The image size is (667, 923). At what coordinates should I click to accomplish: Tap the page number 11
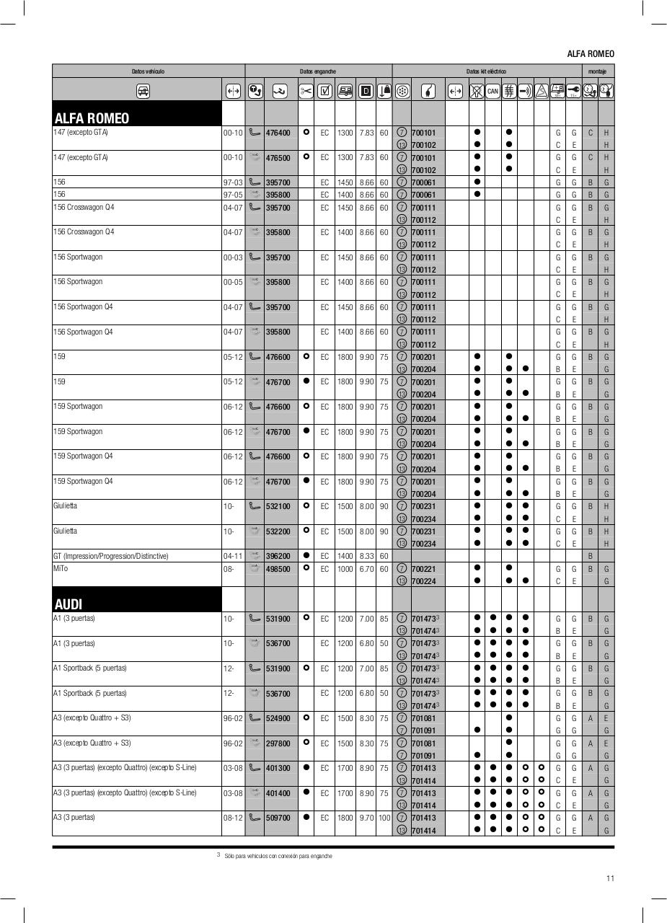point(610,878)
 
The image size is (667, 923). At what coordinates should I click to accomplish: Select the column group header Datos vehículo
point(148,71)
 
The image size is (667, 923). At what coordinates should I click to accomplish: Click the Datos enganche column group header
point(318,71)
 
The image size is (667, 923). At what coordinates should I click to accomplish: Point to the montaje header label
point(597,71)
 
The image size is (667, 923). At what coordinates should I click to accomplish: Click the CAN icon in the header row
point(492,91)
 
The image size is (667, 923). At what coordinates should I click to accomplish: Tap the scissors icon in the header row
point(306,91)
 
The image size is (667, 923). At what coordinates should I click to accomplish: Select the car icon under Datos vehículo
point(143,91)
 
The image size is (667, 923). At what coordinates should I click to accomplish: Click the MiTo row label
point(61,569)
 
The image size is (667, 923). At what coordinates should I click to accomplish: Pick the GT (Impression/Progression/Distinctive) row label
point(110,556)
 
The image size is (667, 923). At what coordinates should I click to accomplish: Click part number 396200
point(278,557)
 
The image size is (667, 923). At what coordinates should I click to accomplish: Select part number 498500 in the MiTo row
point(278,569)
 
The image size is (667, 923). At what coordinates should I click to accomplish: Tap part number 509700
point(278,818)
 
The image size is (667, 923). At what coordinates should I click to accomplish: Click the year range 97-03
point(232,182)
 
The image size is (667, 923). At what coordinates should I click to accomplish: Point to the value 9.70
point(366,818)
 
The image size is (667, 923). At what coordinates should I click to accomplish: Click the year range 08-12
point(232,818)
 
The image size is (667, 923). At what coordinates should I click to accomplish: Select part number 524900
point(278,718)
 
